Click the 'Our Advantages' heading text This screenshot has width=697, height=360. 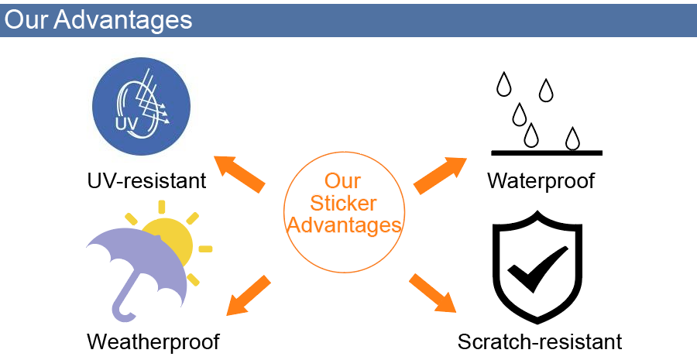click(x=98, y=19)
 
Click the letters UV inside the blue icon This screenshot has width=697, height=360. click(x=127, y=125)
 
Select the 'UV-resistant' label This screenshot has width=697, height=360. click(x=146, y=181)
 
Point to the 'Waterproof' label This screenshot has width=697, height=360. click(x=541, y=181)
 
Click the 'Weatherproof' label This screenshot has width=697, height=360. click(x=153, y=341)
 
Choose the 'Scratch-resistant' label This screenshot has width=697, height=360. click(x=540, y=341)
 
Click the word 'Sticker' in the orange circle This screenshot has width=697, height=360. click(x=342, y=204)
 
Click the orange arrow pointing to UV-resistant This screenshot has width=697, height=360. click(x=241, y=173)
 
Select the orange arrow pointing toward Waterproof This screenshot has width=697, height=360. click(x=441, y=175)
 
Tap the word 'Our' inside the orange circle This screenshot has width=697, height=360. click(x=342, y=181)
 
